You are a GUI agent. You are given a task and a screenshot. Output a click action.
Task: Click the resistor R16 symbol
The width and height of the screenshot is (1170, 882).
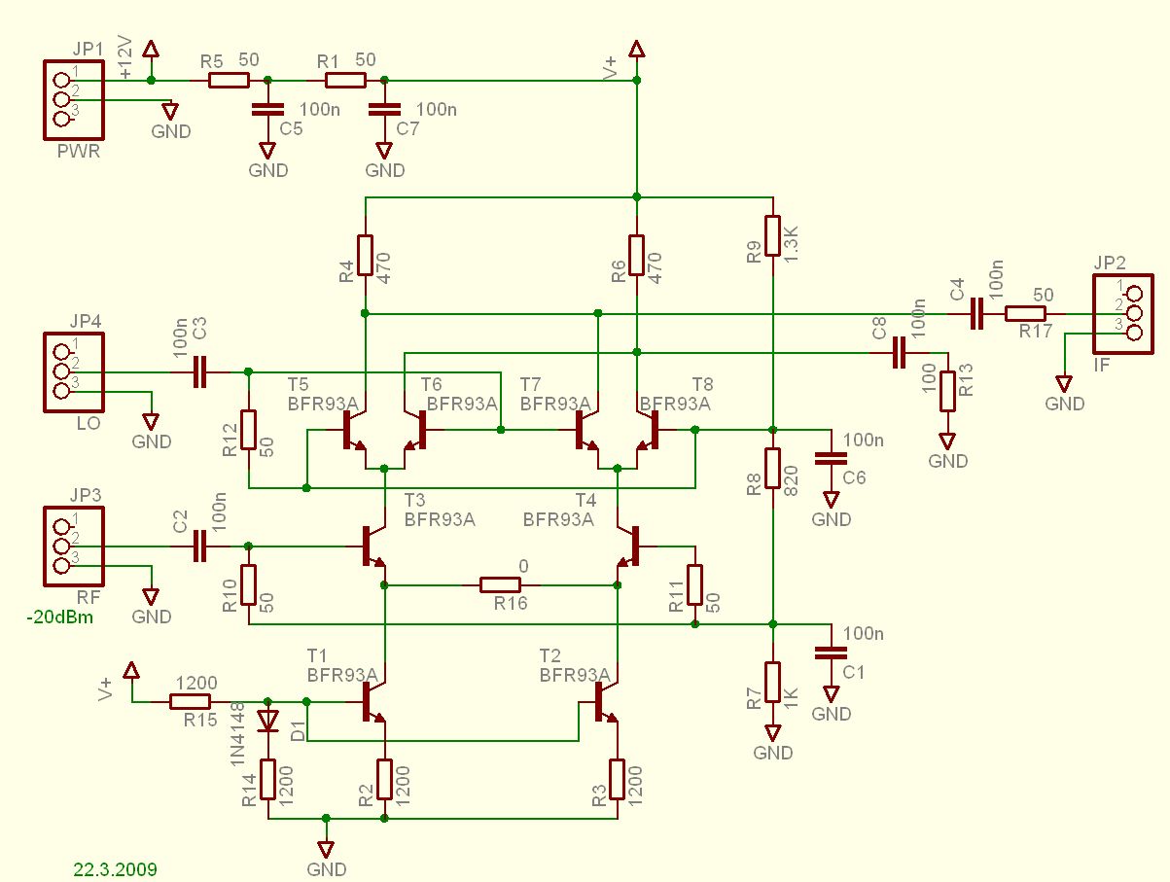500,584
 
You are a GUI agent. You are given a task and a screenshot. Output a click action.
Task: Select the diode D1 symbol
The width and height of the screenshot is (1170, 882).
267,721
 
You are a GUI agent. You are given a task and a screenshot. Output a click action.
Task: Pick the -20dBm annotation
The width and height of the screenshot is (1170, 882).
59,617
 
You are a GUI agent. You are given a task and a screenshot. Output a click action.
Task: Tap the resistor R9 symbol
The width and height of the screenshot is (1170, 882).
772,234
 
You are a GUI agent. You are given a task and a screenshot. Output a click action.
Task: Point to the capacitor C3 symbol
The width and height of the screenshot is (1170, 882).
199,371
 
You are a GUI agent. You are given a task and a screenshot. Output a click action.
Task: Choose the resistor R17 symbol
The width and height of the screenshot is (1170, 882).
1025,313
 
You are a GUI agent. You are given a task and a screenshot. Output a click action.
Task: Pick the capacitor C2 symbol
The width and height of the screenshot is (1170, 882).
199,546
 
